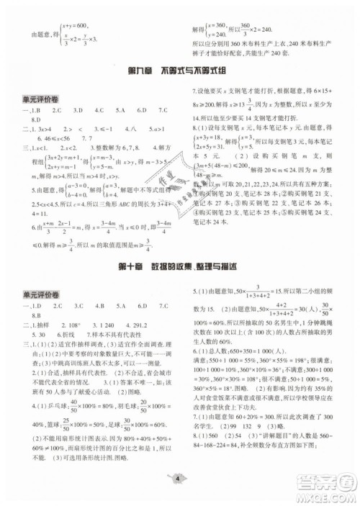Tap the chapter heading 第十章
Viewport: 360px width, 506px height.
116,267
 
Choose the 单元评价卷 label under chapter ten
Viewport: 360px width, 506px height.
38,294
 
